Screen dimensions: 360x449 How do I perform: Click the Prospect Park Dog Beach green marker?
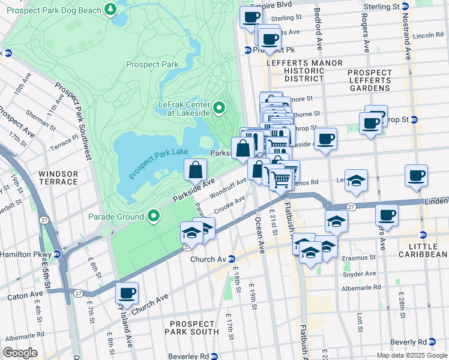tap(110, 10)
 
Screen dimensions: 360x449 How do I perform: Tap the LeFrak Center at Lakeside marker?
tap(219, 108)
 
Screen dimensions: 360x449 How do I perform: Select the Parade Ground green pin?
tap(154, 216)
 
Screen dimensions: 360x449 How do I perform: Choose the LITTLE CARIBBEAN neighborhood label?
tap(423, 250)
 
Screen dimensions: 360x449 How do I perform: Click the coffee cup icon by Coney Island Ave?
tap(127, 293)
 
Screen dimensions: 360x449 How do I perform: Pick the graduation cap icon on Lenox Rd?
tap(356, 181)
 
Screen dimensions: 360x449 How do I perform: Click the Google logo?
tap(20, 353)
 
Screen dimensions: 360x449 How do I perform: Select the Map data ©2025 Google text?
tap(411, 355)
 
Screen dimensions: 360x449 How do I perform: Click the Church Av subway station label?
tap(207, 259)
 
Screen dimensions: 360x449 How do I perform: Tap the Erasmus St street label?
tap(362, 257)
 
